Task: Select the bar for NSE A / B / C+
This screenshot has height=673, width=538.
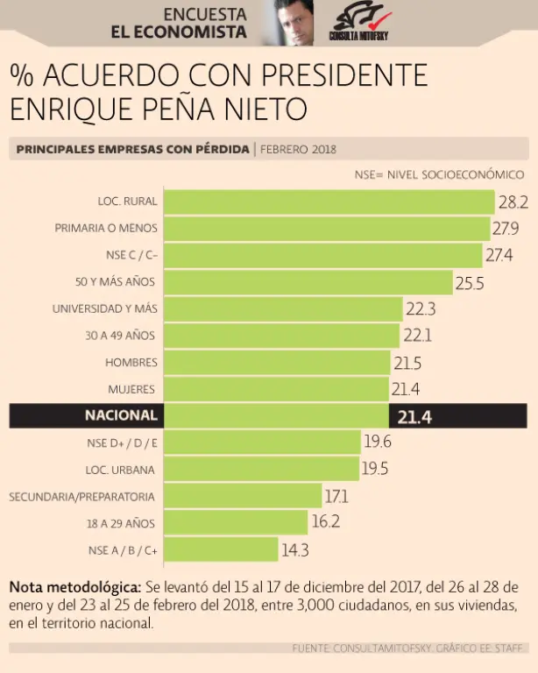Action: point(221,550)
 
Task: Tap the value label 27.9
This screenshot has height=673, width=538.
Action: point(509,229)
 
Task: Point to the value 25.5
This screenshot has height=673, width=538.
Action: point(470,282)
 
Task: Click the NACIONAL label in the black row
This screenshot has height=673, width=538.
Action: point(121,415)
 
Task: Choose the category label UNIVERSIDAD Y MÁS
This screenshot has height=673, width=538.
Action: point(105,308)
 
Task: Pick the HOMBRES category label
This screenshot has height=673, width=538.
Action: point(131,362)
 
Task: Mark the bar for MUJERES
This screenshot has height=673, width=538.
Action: point(276,389)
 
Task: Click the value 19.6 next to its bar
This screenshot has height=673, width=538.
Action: point(378,443)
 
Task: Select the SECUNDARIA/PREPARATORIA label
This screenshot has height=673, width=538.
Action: point(82,497)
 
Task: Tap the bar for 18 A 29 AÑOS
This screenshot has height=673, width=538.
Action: point(237,523)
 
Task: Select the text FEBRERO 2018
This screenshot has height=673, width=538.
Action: point(299,149)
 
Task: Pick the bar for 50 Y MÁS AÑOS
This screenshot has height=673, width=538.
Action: point(308,282)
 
